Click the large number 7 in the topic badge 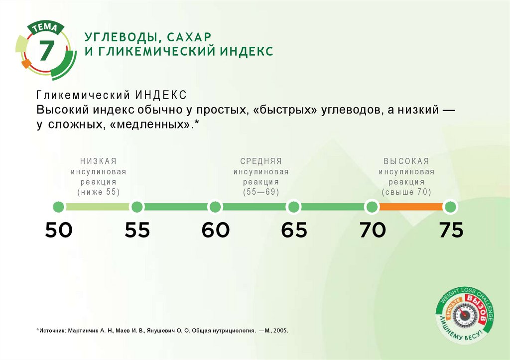tap(46, 50)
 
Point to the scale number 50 tap(59, 230)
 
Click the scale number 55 tap(137, 230)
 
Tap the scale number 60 tap(216, 230)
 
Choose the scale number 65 tap(294, 230)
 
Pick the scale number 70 tap(373, 230)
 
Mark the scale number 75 tap(451, 230)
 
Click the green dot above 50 tap(59, 207)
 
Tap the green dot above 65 tap(294, 207)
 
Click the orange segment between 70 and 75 tap(411, 207)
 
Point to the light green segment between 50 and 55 tap(98, 207)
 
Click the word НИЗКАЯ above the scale tap(98, 161)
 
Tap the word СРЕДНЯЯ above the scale tap(261, 161)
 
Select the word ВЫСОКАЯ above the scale tap(406, 161)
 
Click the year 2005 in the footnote tap(280, 330)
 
